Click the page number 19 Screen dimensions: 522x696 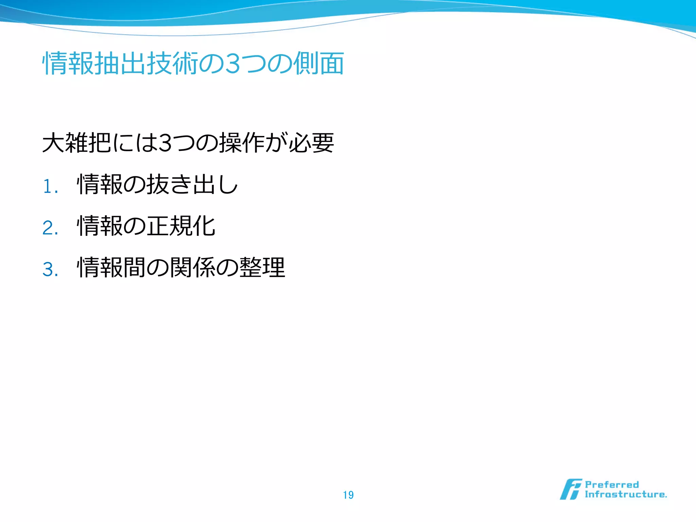pos(348,495)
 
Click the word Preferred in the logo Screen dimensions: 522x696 pos(612,485)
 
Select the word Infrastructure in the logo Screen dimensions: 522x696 pos(625,494)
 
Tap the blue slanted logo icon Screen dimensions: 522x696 pos(571,489)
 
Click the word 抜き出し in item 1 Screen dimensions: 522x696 pos(192,185)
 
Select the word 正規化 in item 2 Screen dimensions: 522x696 pos(181,226)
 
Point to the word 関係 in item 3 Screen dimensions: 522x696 pos(192,267)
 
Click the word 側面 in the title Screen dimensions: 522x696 pos(319,64)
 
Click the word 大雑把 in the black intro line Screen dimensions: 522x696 pos(77,143)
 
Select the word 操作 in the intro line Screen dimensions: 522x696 pos(242,143)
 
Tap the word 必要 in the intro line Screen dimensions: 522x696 pos(311,143)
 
